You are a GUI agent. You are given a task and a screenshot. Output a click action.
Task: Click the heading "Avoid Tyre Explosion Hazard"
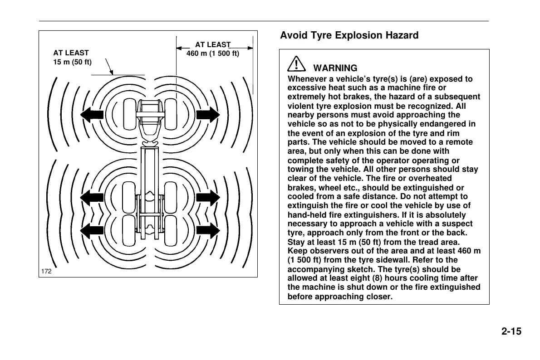349,35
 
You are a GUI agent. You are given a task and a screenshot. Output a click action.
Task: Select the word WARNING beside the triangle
335,68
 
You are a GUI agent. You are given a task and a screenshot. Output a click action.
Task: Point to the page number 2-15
511,331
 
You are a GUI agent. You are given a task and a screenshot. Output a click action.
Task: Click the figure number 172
46,271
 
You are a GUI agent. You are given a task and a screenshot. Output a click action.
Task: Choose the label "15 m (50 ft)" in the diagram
73,62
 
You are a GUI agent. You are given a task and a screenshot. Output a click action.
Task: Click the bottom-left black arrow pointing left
92,230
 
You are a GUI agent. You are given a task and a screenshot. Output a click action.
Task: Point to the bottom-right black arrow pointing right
207,230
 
